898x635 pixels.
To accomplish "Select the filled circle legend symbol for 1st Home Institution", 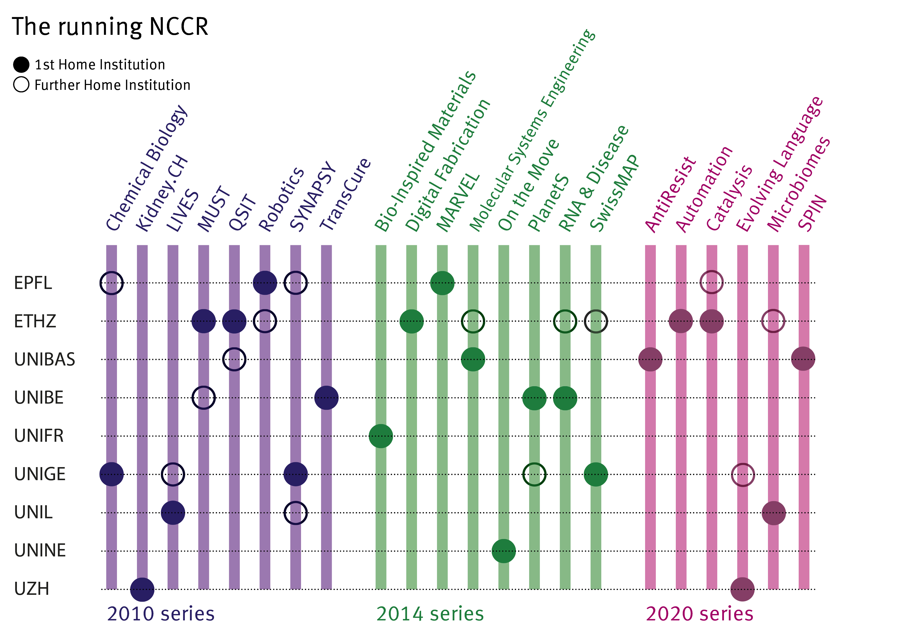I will (x=21, y=64).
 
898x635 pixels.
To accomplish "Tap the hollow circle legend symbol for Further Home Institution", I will (x=21, y=84).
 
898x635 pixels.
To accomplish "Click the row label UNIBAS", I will (x=45, y=359).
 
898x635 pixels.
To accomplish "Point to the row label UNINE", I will (x=40, y=551).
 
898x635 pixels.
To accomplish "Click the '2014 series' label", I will (x=430, y=614).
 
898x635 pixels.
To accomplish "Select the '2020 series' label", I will (x=699, y=614).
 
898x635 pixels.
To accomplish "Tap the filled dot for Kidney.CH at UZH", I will (x=142, y=589).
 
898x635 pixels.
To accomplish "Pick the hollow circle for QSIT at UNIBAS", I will (x=234, y=359).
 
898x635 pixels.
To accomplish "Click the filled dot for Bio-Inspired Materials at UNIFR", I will (x=381, y=436).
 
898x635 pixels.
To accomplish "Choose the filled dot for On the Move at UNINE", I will (x=504, y=551).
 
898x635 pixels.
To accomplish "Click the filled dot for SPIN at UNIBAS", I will (x=803, y=359).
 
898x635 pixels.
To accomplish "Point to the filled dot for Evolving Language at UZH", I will (x=742, y=589).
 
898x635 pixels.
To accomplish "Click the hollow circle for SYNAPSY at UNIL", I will (x=296, y=513).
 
